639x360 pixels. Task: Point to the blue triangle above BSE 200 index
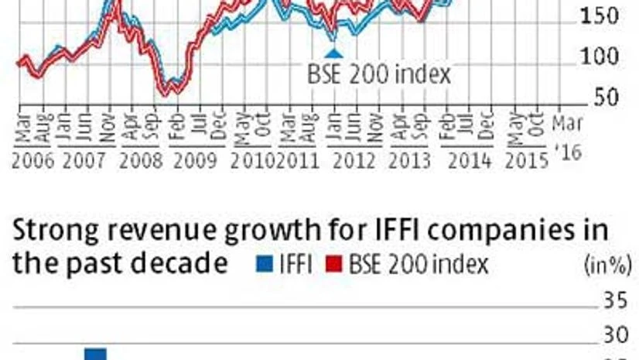pyautogui.click(x=333, y=53)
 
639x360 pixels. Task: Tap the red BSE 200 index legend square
pyautogui.click(x=334, y=266)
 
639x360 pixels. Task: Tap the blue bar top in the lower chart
pyautogui.click(x=95, y=352)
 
